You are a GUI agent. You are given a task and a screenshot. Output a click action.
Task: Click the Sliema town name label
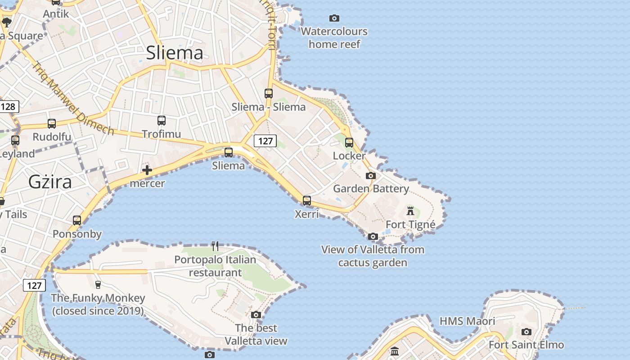coord(175,53)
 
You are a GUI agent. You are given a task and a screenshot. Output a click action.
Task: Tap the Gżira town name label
coord(50,182)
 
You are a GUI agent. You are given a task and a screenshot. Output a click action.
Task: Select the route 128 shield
coord(8,107)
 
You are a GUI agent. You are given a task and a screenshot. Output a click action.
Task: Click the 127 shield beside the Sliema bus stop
coord(265,141)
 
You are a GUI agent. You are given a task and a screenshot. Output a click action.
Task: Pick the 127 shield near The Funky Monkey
coord(34,285)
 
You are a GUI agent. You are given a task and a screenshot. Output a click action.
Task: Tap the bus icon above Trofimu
coord(162,121)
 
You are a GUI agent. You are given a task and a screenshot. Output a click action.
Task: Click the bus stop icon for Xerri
coord(307,201)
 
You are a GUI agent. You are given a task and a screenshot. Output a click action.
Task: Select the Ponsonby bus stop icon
coord(77,220)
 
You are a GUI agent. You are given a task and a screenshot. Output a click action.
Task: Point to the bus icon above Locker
coord(349,143)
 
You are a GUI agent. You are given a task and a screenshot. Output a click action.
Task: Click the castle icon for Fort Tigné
coord(410,211)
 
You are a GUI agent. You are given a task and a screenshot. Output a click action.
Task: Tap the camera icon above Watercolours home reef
coord(334,18)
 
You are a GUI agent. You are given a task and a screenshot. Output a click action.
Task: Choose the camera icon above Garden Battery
coord(371,175)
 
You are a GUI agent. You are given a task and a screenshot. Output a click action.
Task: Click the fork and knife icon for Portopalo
coord(215,246)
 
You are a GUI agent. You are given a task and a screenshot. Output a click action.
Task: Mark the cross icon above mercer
coord(147,170)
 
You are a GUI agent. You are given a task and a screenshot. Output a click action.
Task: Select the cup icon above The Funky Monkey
coord(98,284)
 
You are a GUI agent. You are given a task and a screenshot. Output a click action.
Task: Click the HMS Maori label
coord(467,321)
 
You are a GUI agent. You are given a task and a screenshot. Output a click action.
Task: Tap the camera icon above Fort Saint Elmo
coord(526,332)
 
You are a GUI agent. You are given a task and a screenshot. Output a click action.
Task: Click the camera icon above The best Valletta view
coord(256,315)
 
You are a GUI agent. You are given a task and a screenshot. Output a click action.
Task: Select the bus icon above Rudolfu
coord(52,124)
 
